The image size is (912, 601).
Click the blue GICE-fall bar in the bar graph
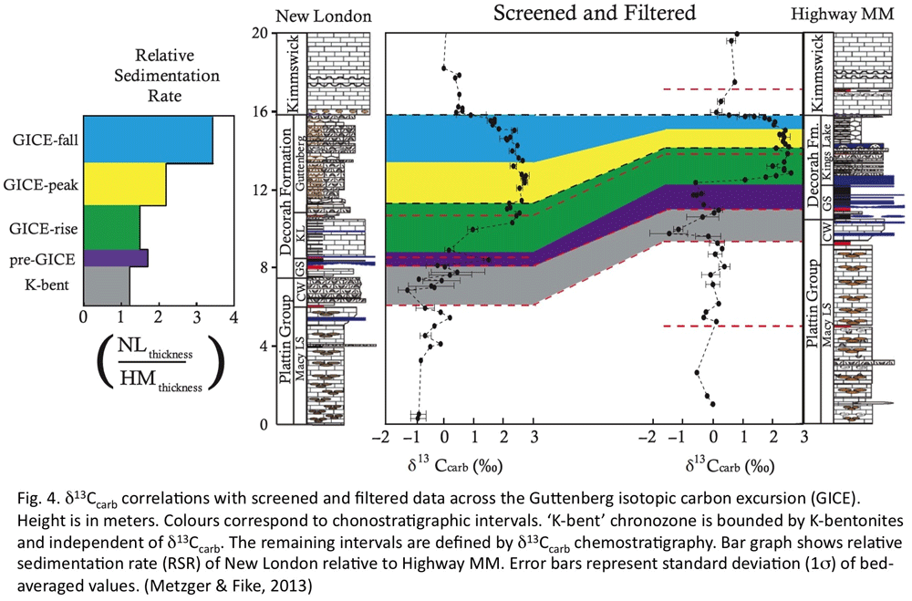(x=148, y=140)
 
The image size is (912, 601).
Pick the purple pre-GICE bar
(x=115, y=258)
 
